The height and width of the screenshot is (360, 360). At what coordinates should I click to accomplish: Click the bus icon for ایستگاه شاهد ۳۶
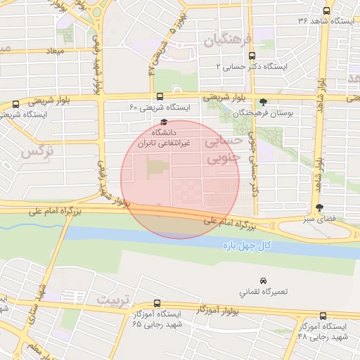coord(326,11)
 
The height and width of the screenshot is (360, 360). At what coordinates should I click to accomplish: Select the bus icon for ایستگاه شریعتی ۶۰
coord(160,97)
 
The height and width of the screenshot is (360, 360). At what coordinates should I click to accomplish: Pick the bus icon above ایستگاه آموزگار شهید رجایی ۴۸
coord(323,316)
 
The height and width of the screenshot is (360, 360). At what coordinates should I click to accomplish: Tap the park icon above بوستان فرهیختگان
coord(264,102)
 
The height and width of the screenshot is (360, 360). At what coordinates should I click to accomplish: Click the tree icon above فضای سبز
coord(320,207)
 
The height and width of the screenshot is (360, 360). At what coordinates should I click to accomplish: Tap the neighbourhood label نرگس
coord(38,150)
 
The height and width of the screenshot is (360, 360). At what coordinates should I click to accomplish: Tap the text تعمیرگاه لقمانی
coord(264,291)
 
